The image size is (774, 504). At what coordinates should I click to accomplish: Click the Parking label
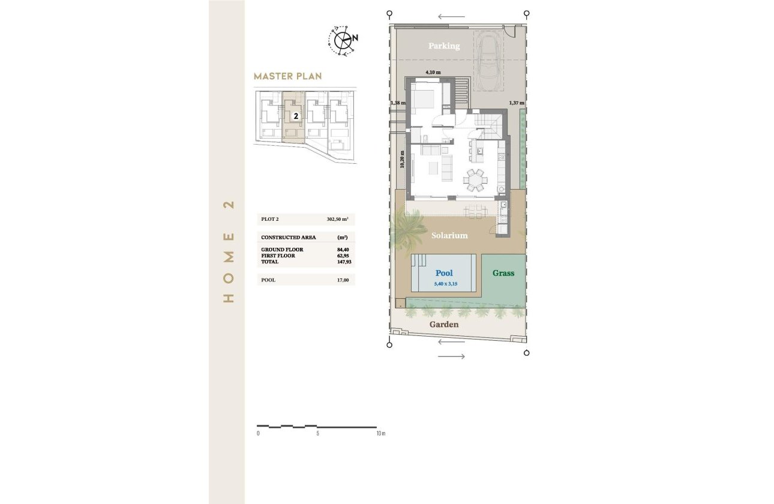pyautogui.click(x=444, y=46)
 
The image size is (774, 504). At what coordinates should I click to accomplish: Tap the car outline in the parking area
pyautogui.click(x=489, y=58)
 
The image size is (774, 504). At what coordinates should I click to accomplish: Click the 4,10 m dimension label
pyautogui.click(x=433, y=73)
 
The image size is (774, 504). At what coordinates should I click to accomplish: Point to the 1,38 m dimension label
pyautogui.click(x=398, y=103)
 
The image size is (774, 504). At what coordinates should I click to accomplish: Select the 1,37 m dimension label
pyautogui.click(x=516, y=103)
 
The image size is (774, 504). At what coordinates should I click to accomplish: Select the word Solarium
pyautogui.click(x=449, y=236)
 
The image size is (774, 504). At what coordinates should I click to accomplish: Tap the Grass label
pyautogui.click(x=503, y=273)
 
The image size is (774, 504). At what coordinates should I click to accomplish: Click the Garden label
pyautogui.click(x=444, y=325)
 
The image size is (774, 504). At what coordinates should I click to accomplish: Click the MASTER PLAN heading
pyautogui.click(x=287, y=76)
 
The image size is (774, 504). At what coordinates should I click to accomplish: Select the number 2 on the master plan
pyautogui.click(x=296, y=116)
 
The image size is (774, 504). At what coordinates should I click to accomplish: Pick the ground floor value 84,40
pyautogui.click(x=343, y=250)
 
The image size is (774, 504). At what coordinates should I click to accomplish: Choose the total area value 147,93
pyautogui.click(x=343, y=262)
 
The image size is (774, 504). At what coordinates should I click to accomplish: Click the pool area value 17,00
pyautogui.click(x=343, y=280)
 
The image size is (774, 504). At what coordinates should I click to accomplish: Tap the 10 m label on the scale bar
pyautogui.click(x=380, y=433)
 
